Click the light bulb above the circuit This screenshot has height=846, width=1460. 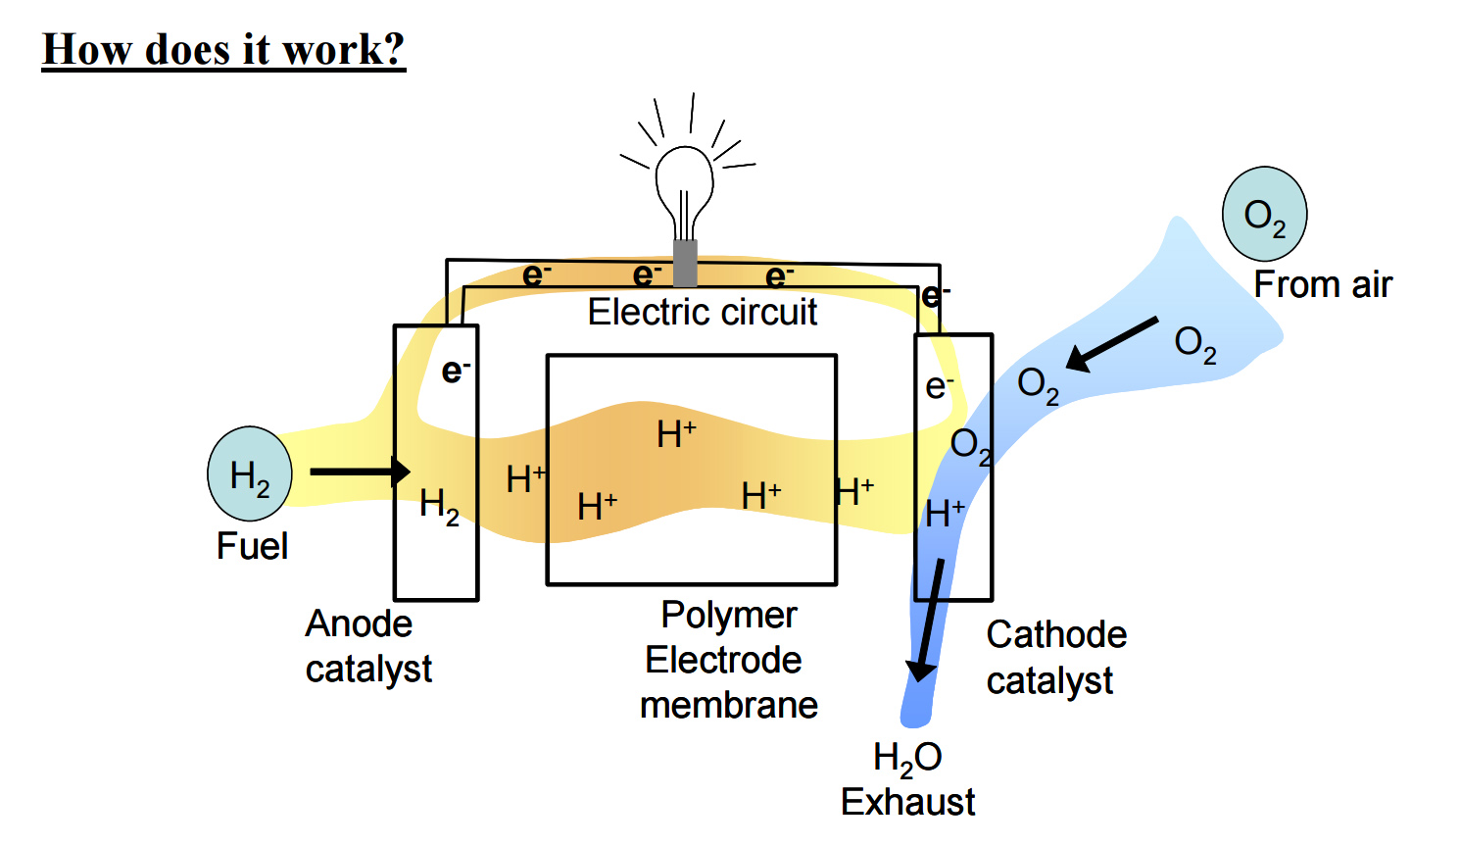[x=684, y=186]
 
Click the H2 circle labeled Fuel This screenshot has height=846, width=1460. [x=250, y=473]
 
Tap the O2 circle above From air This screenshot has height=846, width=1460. [x=1264, y=214]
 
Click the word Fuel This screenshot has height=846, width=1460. [x=252, y=546]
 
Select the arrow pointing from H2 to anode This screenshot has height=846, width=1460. [x=359, y=472]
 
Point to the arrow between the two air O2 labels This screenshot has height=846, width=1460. [x=1112, y=343]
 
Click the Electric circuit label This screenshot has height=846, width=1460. [x=702, y=312]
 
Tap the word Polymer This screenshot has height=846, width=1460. [x=728, y=615]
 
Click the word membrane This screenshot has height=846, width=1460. [x=728, y=705]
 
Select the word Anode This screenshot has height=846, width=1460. [x=359, y=623]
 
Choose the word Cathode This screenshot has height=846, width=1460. [x=1056, y=634]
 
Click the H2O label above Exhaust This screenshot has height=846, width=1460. [x=907, y=758]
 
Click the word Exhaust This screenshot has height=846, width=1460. [x=907, y=802]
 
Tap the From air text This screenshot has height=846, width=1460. [x=1323, y=284]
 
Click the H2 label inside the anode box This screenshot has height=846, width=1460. [x=439, y=505]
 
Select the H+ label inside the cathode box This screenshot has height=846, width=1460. [x=946, y=513]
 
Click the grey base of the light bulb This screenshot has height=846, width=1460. [x=685, y=263]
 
